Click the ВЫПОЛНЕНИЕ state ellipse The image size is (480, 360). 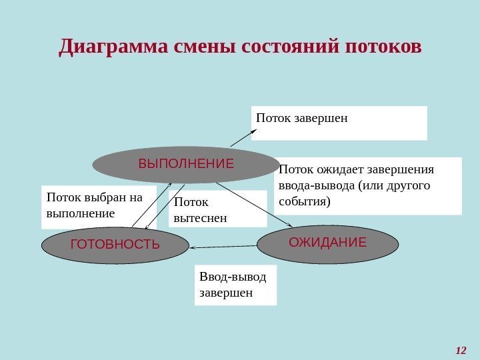pos(185,164)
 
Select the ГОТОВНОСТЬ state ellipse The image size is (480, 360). pos(115,245)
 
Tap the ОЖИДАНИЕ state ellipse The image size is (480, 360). pos(327,243)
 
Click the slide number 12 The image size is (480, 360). pos(461,351)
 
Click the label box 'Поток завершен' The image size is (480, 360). pos(339,123)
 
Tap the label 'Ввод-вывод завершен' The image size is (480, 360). pos(235,285)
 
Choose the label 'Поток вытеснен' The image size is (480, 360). pos(217,209)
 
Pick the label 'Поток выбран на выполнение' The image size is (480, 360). pos(99,205)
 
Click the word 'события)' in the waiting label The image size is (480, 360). pos(304,200)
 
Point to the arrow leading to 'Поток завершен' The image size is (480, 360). pos(243,137)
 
